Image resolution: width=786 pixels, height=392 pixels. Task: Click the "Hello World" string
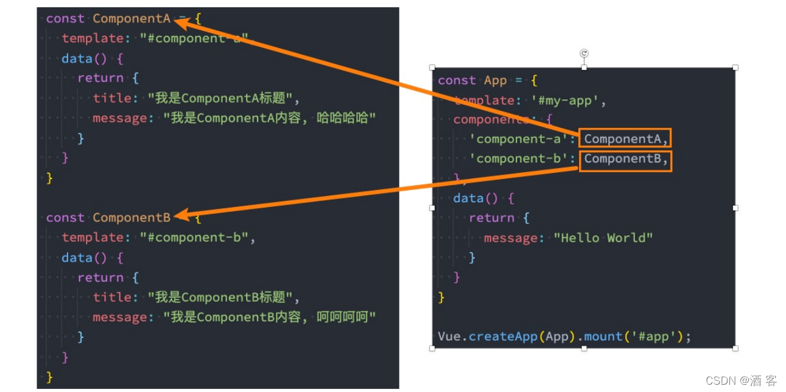603,237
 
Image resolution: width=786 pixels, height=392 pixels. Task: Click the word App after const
496,80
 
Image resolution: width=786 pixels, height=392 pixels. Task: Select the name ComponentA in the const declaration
132,18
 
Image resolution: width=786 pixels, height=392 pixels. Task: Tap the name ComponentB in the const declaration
132,217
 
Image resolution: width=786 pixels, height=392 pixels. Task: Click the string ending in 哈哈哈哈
270,118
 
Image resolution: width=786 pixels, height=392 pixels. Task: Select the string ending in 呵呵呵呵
270,317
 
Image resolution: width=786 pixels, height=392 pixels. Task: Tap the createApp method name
504,336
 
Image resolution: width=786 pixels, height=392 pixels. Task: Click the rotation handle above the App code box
584,54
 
